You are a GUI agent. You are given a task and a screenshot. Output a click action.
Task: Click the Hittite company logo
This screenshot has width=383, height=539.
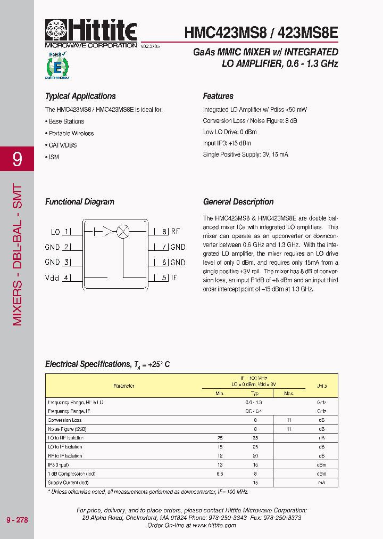pos(91,31)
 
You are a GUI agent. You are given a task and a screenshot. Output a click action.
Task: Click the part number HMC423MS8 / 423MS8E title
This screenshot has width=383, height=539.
pos(261,32)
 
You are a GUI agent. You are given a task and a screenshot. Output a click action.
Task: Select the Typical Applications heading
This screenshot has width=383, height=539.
pos(80,96)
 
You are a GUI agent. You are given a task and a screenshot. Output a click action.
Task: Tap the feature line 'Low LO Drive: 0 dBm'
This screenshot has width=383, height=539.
pos(230,132)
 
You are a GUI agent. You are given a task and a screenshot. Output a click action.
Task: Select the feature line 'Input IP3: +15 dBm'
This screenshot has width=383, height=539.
pos(227,143)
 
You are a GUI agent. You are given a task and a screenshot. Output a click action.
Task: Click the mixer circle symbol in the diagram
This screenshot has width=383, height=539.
pos(123,232)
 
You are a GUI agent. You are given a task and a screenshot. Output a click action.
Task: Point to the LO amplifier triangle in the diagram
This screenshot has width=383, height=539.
pos(109,232)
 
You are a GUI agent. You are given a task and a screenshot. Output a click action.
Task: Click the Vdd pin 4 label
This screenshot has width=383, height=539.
pos(57,277)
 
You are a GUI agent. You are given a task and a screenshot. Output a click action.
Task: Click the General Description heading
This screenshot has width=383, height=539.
pos(238,202)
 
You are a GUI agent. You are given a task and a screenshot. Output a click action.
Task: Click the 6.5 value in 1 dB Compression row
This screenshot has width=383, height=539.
pos(220,473)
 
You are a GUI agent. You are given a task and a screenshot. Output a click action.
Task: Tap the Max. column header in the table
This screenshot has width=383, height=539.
pos(289,394)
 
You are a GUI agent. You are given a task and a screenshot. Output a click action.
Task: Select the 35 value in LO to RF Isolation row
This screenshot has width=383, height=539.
pos(255,438)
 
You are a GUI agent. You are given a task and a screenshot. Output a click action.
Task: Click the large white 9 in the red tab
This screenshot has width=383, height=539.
pos(17,159)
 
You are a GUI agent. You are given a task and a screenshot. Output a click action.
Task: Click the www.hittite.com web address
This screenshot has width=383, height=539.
pos(214,525)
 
